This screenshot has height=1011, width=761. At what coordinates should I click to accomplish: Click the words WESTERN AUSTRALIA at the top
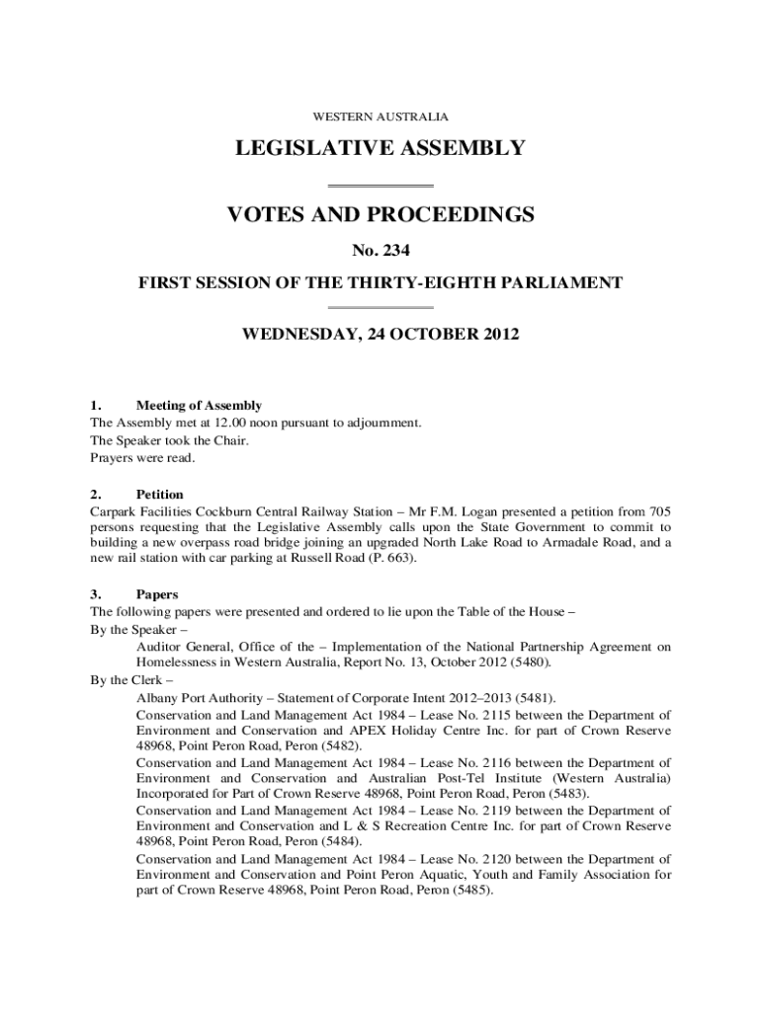(380, 117)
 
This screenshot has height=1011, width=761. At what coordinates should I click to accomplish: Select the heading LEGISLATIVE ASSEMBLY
(380, 149)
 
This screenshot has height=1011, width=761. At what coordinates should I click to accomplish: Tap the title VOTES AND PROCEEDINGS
(380, 214)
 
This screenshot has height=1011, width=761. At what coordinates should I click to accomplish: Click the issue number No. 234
(380, 251)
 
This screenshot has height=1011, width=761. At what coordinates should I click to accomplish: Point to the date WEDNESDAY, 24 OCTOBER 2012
(380, 335)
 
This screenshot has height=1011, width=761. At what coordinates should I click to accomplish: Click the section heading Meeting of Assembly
(199, 405)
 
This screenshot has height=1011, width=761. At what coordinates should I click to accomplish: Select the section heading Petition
(159, 494)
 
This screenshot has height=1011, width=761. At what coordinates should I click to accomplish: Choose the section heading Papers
(157, 594)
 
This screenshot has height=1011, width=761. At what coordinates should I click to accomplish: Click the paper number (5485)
(473, 889)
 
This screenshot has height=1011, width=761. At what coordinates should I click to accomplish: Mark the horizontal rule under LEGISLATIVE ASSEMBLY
(380, 186)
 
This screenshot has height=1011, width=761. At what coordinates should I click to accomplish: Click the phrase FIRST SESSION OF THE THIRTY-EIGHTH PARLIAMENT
(380, 283)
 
